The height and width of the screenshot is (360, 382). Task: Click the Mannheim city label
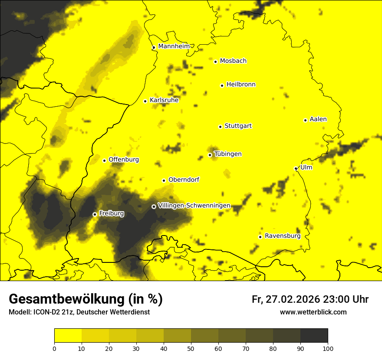(174, 46)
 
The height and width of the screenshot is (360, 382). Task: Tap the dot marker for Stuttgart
(220, 127)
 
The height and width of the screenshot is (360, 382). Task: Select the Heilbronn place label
(241, 85)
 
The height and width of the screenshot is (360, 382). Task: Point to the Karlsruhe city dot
(145, 101)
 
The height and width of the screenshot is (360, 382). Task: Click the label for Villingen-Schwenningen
(194, 206)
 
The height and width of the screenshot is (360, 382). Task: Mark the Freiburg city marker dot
(95, 214)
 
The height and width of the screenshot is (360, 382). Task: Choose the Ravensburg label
(283, 236)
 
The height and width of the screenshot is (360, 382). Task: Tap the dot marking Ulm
(296, 168)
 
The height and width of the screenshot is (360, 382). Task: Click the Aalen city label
(318, 119)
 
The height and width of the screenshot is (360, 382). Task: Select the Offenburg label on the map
(124, 160)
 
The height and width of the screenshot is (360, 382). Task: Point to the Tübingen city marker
(210, 155)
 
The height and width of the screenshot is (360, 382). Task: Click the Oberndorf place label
(184, 180)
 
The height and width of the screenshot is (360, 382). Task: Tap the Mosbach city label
(233, 61)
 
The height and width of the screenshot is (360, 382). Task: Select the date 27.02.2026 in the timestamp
(292, 300)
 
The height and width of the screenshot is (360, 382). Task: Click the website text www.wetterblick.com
(313, 312)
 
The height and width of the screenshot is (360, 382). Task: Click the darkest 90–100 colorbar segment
(314, 335)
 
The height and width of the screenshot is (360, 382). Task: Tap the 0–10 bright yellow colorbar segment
(68, 335)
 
